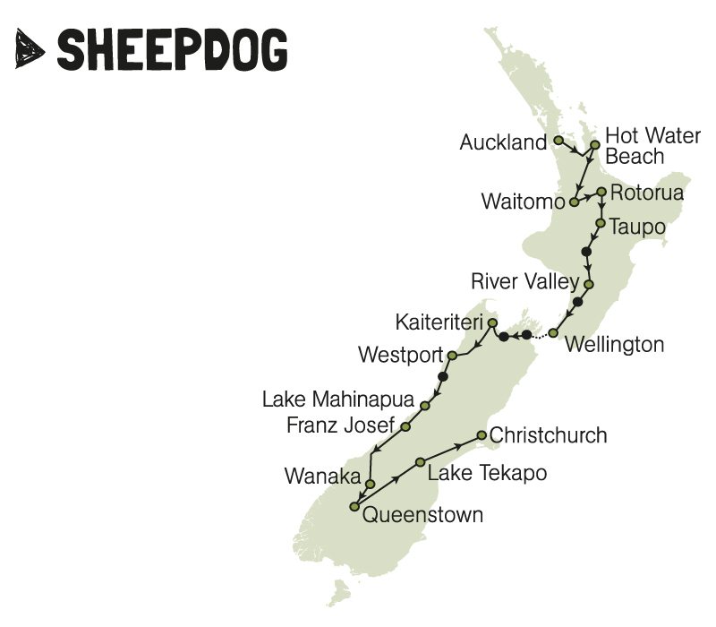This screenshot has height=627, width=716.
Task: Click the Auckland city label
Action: (502, 142)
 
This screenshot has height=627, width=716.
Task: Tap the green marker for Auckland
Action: (558, 141)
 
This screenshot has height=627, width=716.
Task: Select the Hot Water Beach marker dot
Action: (593, 143)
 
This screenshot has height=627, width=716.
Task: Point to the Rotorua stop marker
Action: (602, 192)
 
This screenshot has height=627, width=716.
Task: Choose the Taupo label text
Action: (637, 228)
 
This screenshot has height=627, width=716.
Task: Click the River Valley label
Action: (524, 283)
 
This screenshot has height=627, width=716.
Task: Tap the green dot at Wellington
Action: (553, 333)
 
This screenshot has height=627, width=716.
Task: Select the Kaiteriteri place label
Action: (437, 321)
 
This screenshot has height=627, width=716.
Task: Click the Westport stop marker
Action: (452, 356)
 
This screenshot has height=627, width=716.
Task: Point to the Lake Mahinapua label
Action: (339, 399)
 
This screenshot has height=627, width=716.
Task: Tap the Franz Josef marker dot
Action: (405, 427)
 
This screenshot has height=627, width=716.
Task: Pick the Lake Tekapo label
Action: (487, 473)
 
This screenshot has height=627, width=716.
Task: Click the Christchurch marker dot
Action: (482, 436)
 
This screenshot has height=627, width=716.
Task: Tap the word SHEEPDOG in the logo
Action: (173, 49)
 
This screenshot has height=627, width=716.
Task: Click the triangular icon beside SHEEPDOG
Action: (32, 48)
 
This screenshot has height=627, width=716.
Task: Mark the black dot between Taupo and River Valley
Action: (586, 252)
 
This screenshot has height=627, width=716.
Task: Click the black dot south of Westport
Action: (443, 377)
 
